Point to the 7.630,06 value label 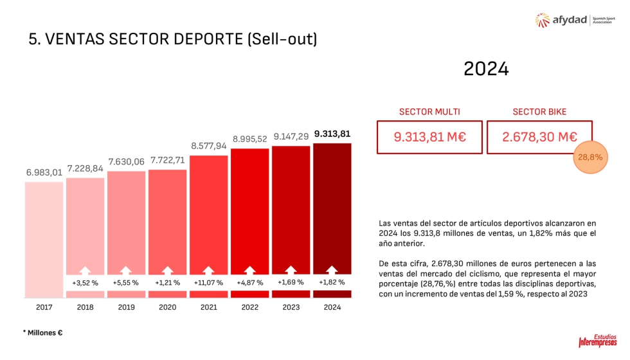pyautogui.click(x=127, y=161)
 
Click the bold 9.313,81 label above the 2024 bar pyautogui.click(x=332, y=134)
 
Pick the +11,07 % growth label pyautogui.click(x=208, y=282)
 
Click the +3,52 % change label pyautogui.click(x=85, y=282)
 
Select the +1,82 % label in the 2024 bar pyautogui.click(x=332, y=282)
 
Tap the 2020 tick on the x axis pyautogui.click(x=167, y=307)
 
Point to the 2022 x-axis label pyautogui.click(x=250, y=307)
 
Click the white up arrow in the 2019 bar pyautogui.click(x=126, y=271)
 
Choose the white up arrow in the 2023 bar pyautogui.click(x=291, y=271)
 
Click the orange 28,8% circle pyautogui.click(x=590, y=157)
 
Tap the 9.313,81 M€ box pyautogui.click(x=429, y=136)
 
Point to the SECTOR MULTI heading pyautogui.click(x=429, y=111)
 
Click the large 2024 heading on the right pyautogui.click(x=486, y=69)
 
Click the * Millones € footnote pyautogui.click(x=42, y=332)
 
